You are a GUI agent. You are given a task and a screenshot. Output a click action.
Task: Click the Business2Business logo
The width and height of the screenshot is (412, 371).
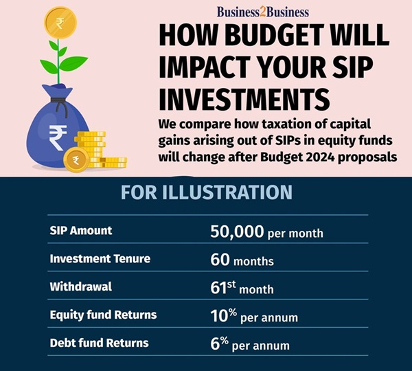point(263,12)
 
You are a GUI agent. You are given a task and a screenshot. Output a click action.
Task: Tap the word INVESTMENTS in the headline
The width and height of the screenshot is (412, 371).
point(244,100)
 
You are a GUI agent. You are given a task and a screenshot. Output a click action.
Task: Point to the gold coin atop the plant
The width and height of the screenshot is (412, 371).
point(60,23)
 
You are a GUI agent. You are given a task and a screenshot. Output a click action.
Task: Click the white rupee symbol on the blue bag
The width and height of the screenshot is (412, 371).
point(58,137)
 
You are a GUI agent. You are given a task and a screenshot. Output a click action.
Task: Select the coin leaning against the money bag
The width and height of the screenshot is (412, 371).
point(76,159)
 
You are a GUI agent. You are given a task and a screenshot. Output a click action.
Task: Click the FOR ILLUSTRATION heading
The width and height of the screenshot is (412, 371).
point(206,192)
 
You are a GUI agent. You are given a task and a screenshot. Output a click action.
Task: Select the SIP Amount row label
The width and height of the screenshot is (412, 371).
point(81,230)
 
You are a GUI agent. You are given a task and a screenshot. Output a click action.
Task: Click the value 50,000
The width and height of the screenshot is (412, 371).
point(237,232)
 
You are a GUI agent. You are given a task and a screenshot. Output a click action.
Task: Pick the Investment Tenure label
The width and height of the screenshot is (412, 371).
point(100,258)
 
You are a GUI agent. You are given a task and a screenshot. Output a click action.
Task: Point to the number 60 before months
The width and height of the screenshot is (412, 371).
point(220,260)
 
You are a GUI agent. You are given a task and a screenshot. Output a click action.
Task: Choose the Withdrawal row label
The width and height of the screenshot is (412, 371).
point(80,286)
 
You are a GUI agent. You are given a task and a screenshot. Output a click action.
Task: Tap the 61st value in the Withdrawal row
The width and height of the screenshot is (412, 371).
point(223,287)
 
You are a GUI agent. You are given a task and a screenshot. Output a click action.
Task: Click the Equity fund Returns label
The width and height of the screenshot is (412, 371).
point(103,315)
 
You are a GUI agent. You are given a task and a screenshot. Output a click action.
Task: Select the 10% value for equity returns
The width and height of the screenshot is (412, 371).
point(224,315)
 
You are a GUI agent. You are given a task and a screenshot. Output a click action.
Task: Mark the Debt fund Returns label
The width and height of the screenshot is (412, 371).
point(99,343)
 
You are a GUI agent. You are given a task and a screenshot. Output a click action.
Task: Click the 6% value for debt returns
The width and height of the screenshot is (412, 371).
point(220,344)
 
